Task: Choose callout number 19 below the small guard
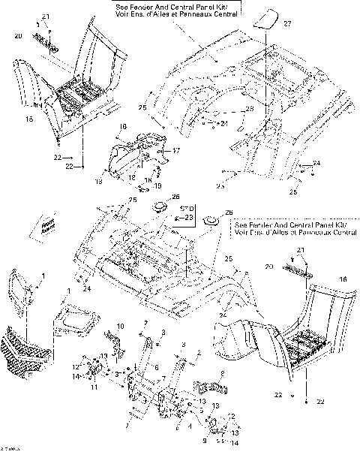[x=158, y=185]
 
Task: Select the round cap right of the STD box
[x=209, y=221]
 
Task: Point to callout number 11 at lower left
[x=94, y=387]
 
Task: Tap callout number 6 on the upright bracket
[x=156, y=368]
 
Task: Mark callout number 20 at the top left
[x=19, y=35]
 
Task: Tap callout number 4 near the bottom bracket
[x=190, y=425]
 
